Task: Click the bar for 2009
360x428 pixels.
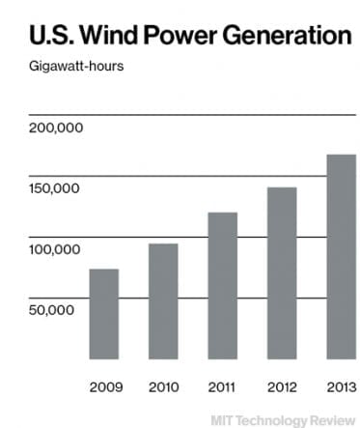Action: [103, 314]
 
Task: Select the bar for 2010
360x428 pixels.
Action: [163, 300]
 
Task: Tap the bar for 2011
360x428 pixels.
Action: [223, 285]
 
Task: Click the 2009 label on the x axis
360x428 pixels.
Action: [103, 387]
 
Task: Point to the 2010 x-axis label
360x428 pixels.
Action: [163, 387]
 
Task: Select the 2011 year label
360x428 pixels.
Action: [223, 387]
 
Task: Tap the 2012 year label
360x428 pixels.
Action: [282, 387]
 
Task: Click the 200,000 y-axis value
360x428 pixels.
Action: [57, 128]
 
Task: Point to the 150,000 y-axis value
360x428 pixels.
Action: [57, 188]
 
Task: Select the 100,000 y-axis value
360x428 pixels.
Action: [57, 249]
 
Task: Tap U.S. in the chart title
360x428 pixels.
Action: [48, 38]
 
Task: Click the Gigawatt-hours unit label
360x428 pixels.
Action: [69, 68]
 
